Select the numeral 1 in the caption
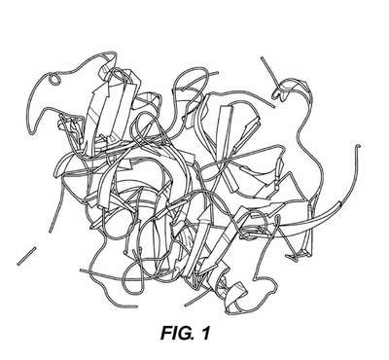205,333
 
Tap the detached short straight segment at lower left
26,256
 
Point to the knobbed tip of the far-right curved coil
358,146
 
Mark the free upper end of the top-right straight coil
262,58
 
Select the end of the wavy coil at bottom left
135,306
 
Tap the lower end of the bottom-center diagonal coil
186,305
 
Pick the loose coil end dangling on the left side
51,231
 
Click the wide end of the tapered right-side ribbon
339,205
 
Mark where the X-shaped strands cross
227,162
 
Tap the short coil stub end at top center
217,73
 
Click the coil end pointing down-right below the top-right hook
273,106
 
